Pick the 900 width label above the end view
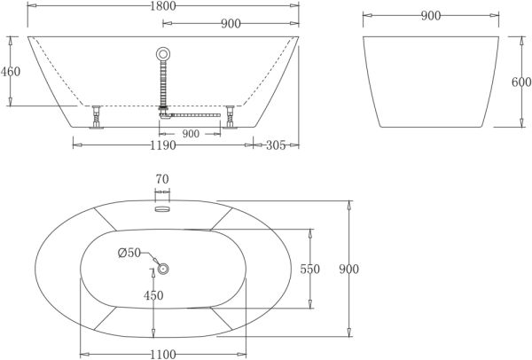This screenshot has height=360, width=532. tap(430, 15)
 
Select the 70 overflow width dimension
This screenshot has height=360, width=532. tap(161, 179)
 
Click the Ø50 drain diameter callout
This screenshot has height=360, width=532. tap(129, 253)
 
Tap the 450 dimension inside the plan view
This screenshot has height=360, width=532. tap(154, 295)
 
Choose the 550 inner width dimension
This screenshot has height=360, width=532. tap(309, 270)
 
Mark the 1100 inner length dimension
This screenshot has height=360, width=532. tap(162, 353)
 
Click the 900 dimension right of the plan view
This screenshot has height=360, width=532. tap(348, 270)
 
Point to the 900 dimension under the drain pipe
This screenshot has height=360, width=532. tap(191, 134)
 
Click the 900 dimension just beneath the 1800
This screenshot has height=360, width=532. tap(231, 24)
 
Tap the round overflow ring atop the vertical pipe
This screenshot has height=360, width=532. tap(162, 53)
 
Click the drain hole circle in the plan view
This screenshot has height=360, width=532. tap(163, 269)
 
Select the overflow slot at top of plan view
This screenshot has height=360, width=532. tap(161, 209)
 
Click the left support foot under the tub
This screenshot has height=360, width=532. tap(96, 116)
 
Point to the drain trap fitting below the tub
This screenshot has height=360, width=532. tap(163, 113)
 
